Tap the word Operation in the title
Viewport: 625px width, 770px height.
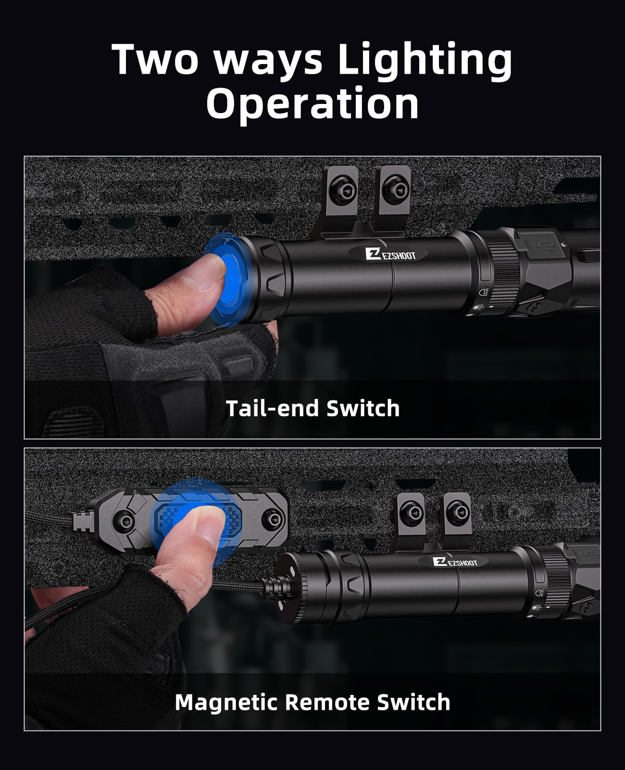point(312,104)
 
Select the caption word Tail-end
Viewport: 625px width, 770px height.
point(272,409)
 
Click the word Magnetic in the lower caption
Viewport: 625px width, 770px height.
point(226,703)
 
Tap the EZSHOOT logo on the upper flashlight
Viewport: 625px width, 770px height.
point(390,254)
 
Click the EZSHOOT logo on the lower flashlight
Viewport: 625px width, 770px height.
point(455,562)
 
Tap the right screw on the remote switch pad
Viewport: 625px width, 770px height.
point(273,520)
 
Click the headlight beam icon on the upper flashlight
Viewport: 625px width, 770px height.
point(484,292)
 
